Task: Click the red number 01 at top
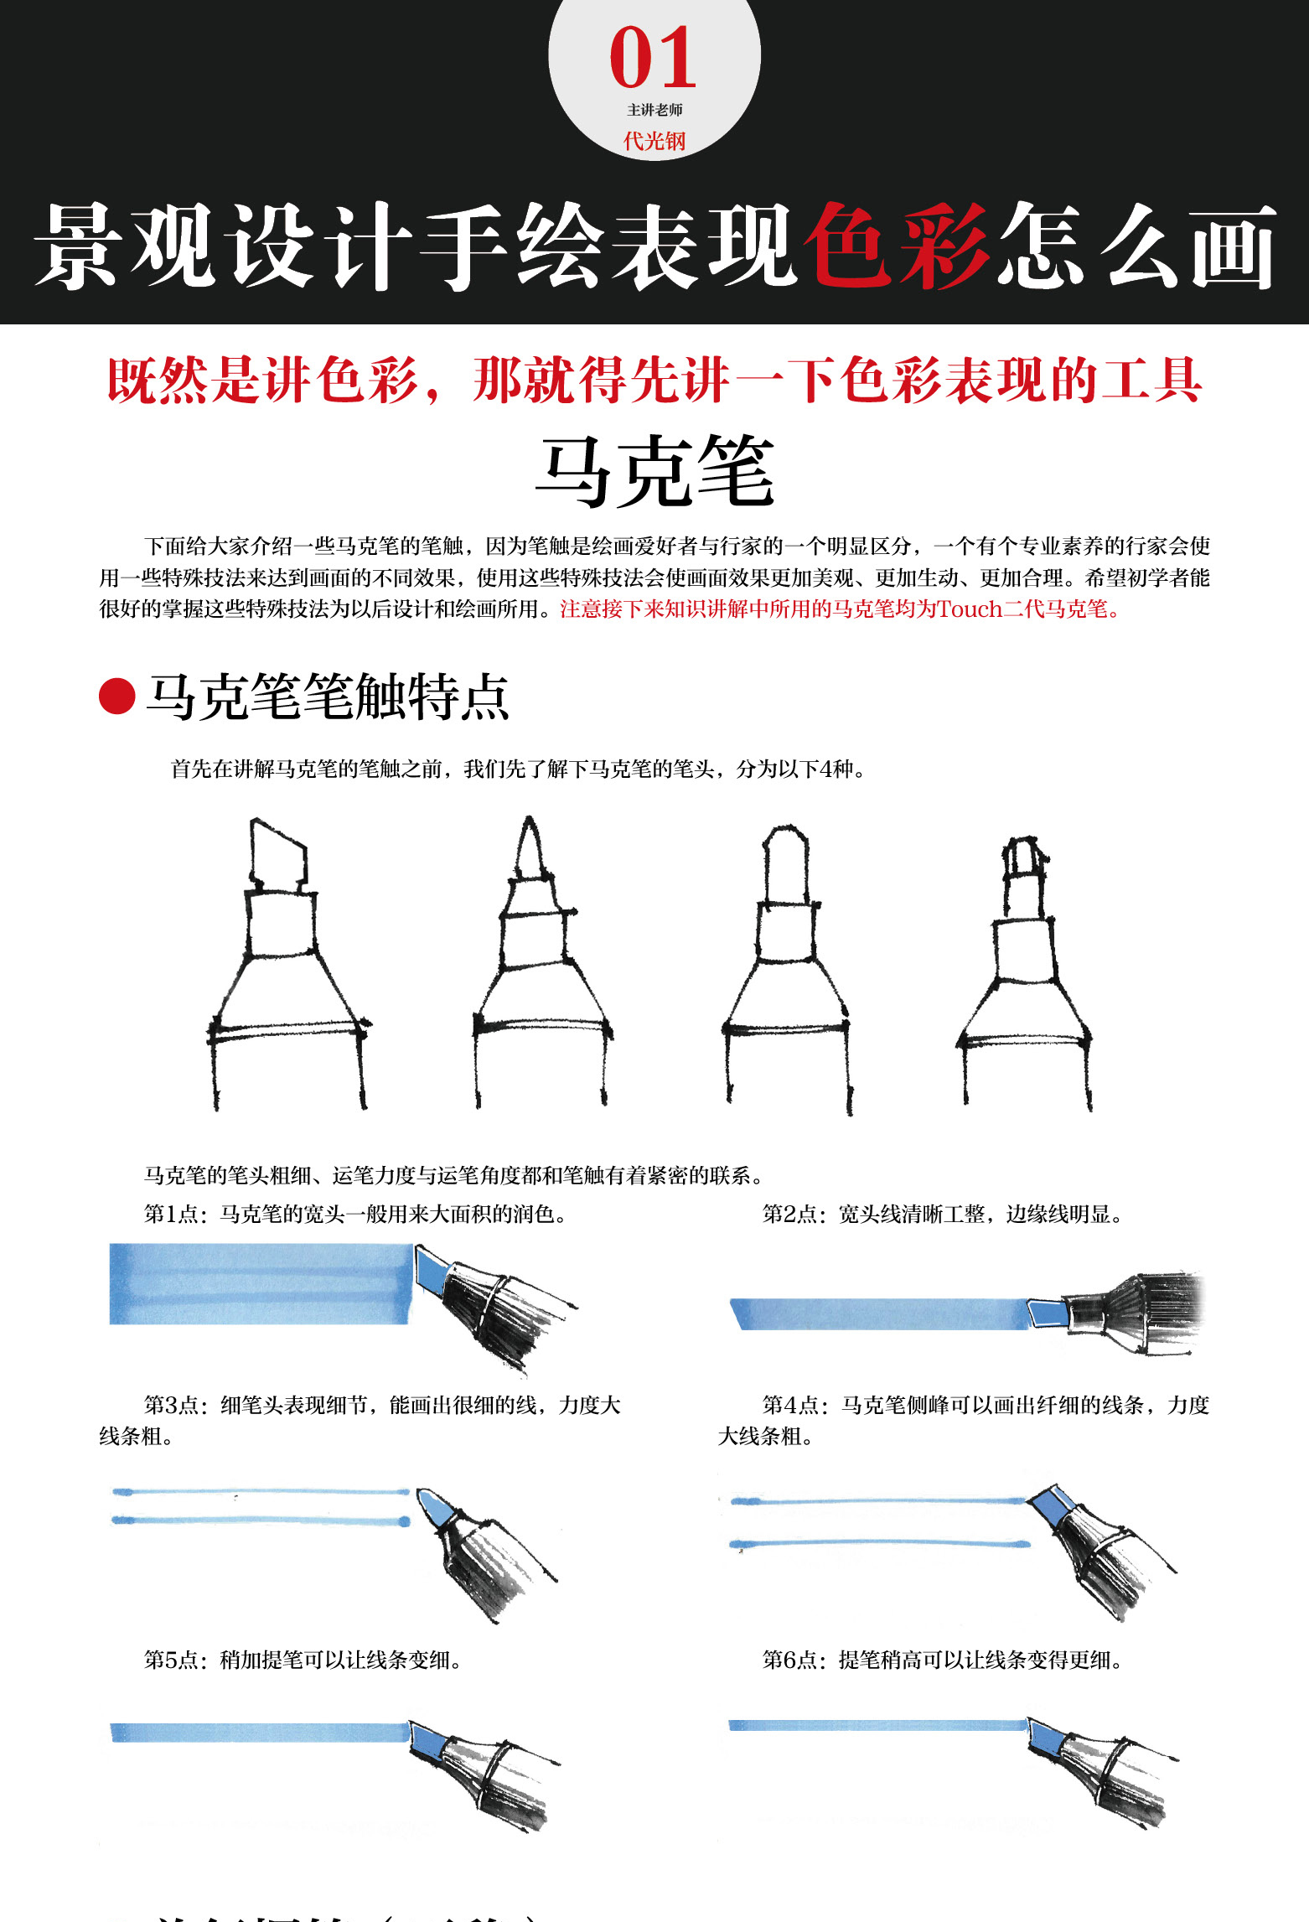click(x=653, y=58)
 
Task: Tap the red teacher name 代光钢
click(x=654, y=141)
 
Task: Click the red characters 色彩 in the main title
click(x=896, y=246)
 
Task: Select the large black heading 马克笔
click(x=654, y=472)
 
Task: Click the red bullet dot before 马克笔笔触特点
click(x=117, y=697)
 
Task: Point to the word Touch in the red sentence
click(x=970, y=609)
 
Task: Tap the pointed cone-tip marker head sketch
click(x=537, y=964)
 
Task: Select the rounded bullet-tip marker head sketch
click(x=786, y=964)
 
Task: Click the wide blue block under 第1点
click(x=260, y=1283)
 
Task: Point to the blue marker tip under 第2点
click(x=1046, y=1313)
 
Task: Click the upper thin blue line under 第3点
click(x=260, y=1492)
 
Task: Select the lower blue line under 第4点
click(x=880, y=1542)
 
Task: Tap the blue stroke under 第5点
click(x=260, y=1732)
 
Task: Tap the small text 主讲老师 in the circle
click(x=654, y=110)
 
